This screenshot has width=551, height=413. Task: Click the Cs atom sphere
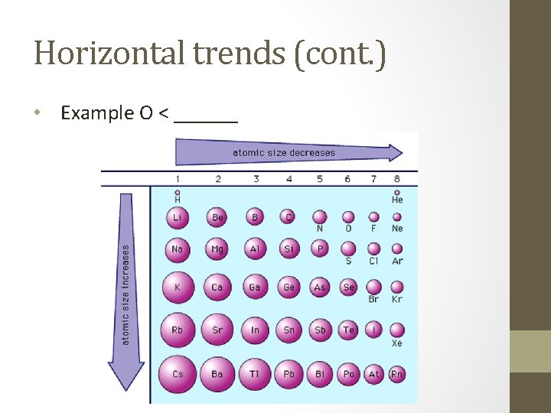(178, 374)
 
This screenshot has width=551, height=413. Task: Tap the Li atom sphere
(178, 217)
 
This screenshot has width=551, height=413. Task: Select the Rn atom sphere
(396, 374)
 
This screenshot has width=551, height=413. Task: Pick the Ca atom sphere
(217, 288)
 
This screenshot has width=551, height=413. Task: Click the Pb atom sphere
(289, 374)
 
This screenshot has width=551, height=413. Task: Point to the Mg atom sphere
(217, 249)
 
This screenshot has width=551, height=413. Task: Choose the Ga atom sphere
(255, 288)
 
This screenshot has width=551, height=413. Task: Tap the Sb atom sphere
(320, 330)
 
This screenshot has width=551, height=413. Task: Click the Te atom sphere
(348, 330)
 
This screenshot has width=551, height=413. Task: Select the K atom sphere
(178, 288)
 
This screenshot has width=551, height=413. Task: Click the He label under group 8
(396, 200)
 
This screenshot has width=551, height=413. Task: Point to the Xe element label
(396, 343)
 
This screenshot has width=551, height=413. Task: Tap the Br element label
(373, 299)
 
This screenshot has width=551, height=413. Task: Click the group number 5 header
(320, 179)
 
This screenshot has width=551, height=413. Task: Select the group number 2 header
(217, 179)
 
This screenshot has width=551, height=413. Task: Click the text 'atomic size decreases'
(283, 152)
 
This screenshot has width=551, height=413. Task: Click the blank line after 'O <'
(206, 116)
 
